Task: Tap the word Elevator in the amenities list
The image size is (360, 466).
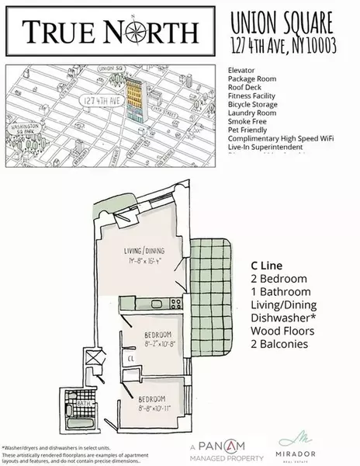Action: pos(242,69)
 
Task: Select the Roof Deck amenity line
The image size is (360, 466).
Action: pos(245,88)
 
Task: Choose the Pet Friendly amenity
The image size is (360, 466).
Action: pos(248,134)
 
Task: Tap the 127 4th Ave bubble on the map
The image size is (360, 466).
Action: pos(102,100)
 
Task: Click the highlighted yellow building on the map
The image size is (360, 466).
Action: pos(137,96)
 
